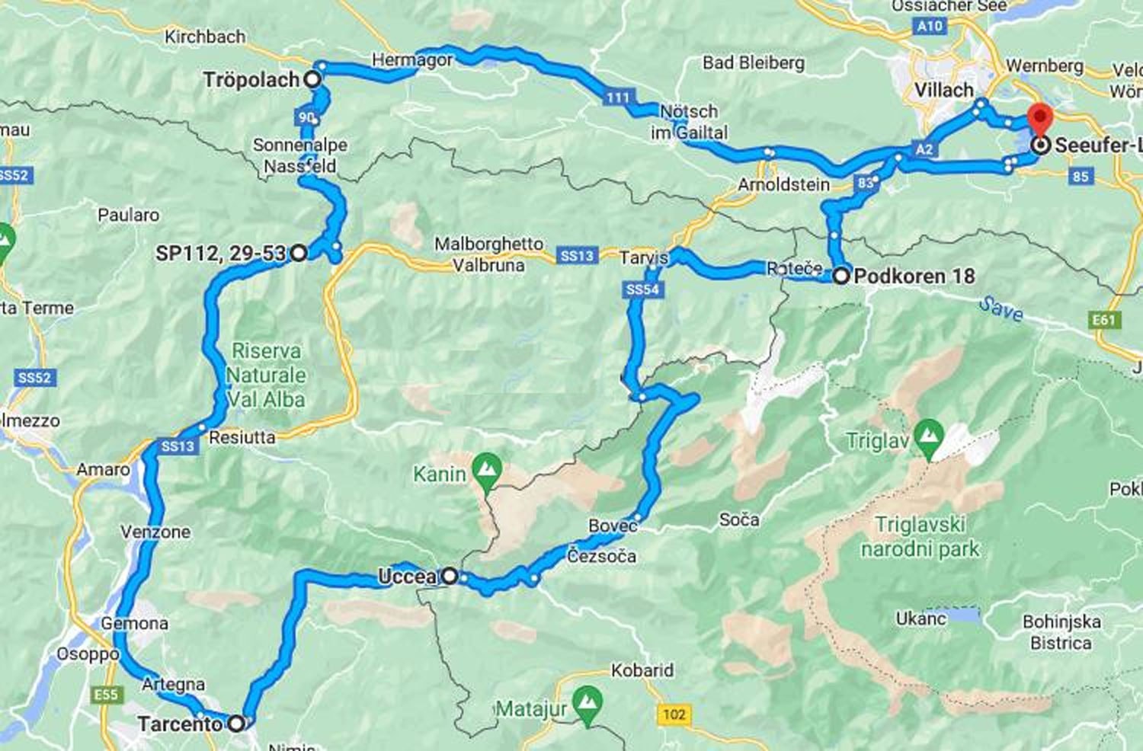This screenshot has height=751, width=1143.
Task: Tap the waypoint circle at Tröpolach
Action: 312,78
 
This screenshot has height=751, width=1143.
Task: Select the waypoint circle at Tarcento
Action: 237,723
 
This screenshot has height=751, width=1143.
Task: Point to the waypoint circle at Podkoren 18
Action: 840,276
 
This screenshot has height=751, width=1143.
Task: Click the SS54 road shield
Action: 642,289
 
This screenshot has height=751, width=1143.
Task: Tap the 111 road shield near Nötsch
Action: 618,97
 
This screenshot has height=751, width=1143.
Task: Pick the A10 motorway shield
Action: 930,26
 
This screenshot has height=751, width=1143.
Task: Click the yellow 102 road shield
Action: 674,714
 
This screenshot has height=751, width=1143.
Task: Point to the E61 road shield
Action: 1104,320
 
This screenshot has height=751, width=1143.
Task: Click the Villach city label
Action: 943,90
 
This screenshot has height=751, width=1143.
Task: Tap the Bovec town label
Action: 613,526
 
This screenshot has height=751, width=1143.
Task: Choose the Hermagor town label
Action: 411,59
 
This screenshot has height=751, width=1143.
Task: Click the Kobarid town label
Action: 642,670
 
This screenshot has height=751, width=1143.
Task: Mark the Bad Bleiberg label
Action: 753,62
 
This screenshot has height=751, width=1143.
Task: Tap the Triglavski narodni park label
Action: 920,536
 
